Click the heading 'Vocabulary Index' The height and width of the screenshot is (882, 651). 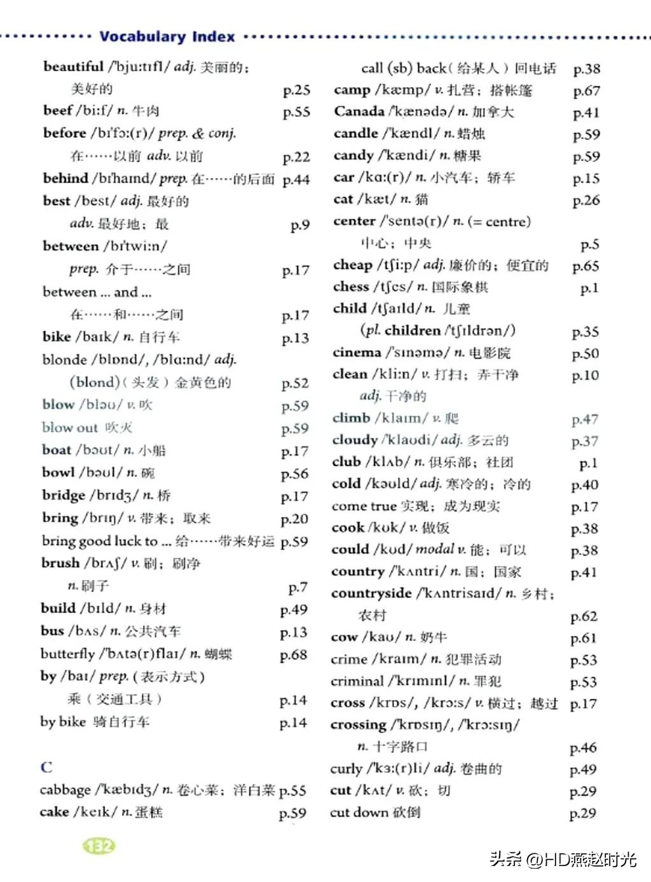[x=167, y=36]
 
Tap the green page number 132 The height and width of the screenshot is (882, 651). [x=99, y=846]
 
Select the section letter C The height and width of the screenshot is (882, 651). [x=46, y=767]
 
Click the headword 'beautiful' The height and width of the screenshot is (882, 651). [x=73, y=66]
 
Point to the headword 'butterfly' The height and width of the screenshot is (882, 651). [x=67, y=654]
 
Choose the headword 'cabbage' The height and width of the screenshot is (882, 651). [x=65, y=790]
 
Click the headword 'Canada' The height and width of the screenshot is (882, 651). [x=359, y=111]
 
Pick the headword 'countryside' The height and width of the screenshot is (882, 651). [x=371, y=593]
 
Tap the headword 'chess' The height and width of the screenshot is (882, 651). [x=351, y=287]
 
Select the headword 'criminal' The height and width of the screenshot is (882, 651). [x=358, y=681]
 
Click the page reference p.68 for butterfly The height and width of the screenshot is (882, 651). [x=293, y=654]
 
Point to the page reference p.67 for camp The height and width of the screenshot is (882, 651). [x=586, y=91]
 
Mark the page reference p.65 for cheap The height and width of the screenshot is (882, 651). [x=586, y=266]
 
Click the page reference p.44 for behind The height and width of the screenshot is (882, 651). [x=296, y=180]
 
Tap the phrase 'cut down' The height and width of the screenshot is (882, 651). [x=359, y=812]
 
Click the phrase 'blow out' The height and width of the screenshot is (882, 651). [x=70, y=427]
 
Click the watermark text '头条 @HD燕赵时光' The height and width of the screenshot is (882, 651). [x=563, y=860]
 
